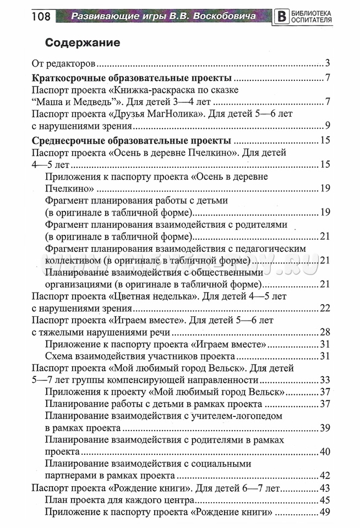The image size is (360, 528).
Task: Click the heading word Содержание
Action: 83,42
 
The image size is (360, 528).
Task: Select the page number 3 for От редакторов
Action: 327,62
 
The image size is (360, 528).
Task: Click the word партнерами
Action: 73,475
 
